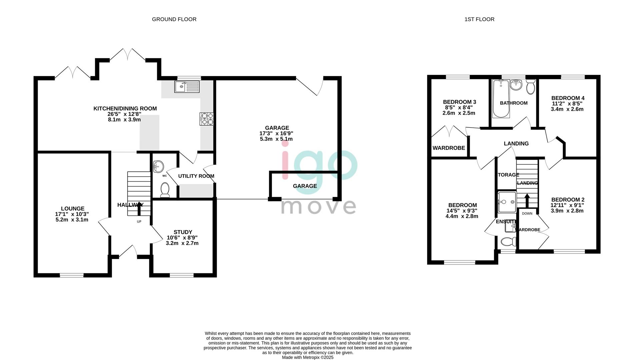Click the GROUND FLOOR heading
coord(174,19)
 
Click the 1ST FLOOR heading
coord(479,19)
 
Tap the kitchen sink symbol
coord(187,87)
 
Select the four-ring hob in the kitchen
coord(207,119)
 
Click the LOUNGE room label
coord(72,209)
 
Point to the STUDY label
coord(183,232)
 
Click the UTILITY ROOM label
coord(196,176)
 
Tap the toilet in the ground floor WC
coord(165,190)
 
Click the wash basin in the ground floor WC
coord(158,166)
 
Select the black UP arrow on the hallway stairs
coord(139,209)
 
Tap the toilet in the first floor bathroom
coord(530,87)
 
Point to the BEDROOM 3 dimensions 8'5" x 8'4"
coord(459,108)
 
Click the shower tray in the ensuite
coord(507,202)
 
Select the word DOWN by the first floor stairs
coord(527,213)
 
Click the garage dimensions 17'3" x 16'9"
coord(276,133)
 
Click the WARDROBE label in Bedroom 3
coord(449,148)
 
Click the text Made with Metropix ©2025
coord(307,357)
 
